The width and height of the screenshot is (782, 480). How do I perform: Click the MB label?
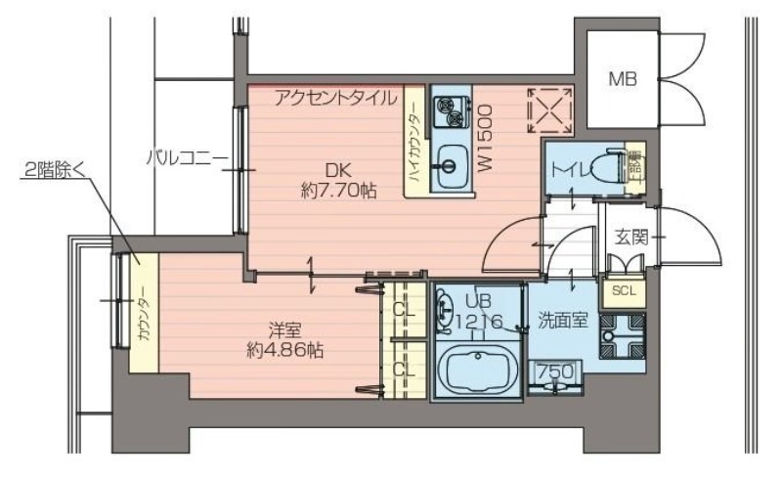pyautogui.click(x=622, y=78)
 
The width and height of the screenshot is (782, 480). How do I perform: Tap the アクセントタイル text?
pyautogui.click(x=335, y=97)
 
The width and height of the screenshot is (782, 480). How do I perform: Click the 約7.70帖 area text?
pyautogui.click(x=338, y=191)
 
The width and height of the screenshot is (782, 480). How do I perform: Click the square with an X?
pyautogui.click(x=549, y=110)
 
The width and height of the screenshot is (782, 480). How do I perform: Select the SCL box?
pyautogui.click(x=623, y=290)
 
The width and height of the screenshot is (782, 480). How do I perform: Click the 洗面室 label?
pyautogui.click(x=561, y=321)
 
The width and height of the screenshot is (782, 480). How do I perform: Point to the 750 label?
pyautogui.click(x=552, y=371)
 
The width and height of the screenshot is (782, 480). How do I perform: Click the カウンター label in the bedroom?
pyautogui.click(x=143, y=311)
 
